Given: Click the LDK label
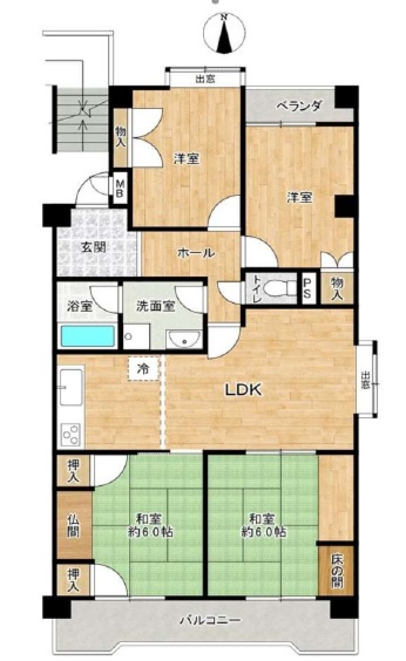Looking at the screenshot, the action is click(x=244, y=390).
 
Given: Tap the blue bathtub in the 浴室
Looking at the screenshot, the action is click(x=87, y=336).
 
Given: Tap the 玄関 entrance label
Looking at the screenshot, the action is click(x=94, y=247).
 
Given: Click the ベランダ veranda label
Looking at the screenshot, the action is click(x=298, y=106).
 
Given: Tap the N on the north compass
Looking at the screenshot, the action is click(x=225, y=17).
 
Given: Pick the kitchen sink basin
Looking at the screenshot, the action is click(x=71, y=387).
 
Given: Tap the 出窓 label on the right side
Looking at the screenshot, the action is click(x=366, y=381).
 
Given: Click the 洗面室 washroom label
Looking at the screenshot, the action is click(x=156, y=306).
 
